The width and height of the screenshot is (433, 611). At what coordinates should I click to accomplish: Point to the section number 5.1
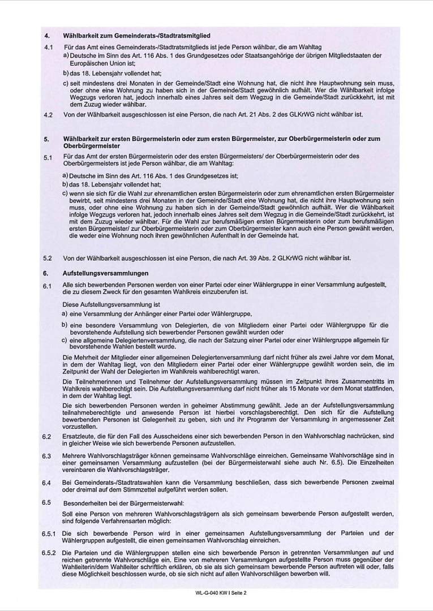coord(48,158)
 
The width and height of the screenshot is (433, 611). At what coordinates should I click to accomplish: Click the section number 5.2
coord(48,259)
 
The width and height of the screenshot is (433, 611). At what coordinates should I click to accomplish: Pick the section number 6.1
coord(48,287)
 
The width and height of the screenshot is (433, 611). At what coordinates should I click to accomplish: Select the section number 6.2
coord(48,437)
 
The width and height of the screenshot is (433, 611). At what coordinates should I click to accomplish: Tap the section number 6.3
coord(48,456)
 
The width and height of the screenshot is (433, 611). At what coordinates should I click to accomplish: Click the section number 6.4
coord(48,483)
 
